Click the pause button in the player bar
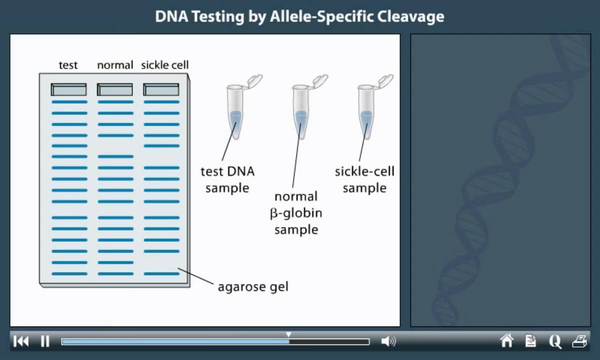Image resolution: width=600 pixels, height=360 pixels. (45, 341)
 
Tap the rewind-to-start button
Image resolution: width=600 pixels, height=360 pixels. (21, 341)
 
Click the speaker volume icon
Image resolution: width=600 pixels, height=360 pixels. (388, 341)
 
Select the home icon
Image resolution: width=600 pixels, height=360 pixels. (506, 341)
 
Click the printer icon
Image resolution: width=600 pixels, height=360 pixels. (579, 341)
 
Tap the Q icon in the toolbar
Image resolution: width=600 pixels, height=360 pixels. (555, 341)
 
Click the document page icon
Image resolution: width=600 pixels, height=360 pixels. (530, 341)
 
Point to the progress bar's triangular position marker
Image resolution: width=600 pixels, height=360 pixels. (288, 334)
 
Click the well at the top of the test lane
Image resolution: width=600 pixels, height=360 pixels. (68, 89)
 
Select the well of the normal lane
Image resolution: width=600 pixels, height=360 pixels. (115, 89)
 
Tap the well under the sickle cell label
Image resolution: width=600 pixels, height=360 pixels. (161, 89)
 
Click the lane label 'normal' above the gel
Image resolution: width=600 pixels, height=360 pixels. (115, 65)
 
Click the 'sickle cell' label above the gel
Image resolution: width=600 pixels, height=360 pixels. (164, 65)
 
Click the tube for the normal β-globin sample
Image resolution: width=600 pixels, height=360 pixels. (300, 112)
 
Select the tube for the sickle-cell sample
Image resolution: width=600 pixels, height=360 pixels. (366, 112)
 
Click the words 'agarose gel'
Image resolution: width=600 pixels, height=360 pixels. (253, 287)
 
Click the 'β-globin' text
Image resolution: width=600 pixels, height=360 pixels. (296, 213)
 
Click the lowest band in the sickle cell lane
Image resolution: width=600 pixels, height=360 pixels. (161, 273)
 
